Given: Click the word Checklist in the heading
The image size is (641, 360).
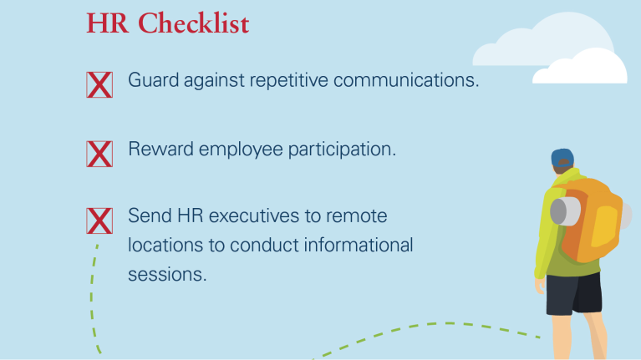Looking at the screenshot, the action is [x=193, y=23].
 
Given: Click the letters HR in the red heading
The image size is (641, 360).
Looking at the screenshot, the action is [x=107, y=23].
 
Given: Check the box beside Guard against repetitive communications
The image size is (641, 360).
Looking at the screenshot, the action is [x=99, y=84].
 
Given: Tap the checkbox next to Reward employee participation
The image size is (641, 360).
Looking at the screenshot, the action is [x=99, y=154].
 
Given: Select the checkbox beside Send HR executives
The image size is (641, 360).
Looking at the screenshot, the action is [x=99, y=221].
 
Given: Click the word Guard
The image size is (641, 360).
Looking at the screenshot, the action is [x=153, y=79].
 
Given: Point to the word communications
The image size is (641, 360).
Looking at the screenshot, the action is [x=406, y=79].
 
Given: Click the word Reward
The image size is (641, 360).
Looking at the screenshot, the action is [x=160, y=149].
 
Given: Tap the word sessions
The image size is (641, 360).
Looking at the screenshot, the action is [x=167, y=274].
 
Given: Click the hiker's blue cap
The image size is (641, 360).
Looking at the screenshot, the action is [x=562, y=157].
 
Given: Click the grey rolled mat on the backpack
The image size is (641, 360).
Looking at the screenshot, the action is [x=566, y=211].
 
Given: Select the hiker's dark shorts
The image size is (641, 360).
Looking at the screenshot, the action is [x=574, y=293].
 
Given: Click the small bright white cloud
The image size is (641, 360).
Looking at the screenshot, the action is [x=580, y=67].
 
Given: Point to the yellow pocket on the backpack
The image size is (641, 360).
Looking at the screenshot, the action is [x=603, y=226].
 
